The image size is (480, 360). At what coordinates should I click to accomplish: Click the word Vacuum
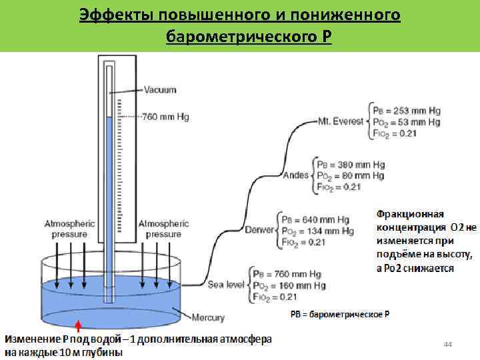tap(160, 89)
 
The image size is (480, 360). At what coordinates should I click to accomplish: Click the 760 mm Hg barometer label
tap(165, 117)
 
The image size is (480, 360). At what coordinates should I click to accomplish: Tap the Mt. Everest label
tap(340, 122)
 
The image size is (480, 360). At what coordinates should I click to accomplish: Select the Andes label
tap(295, 175)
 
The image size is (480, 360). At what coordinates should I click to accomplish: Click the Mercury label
tap(208, 317)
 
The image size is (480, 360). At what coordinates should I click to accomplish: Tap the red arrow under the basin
tap(78, 325)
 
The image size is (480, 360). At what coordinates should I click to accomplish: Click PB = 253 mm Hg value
tap(407, 111)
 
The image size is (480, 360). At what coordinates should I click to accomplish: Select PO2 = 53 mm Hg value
tap(407, 122)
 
